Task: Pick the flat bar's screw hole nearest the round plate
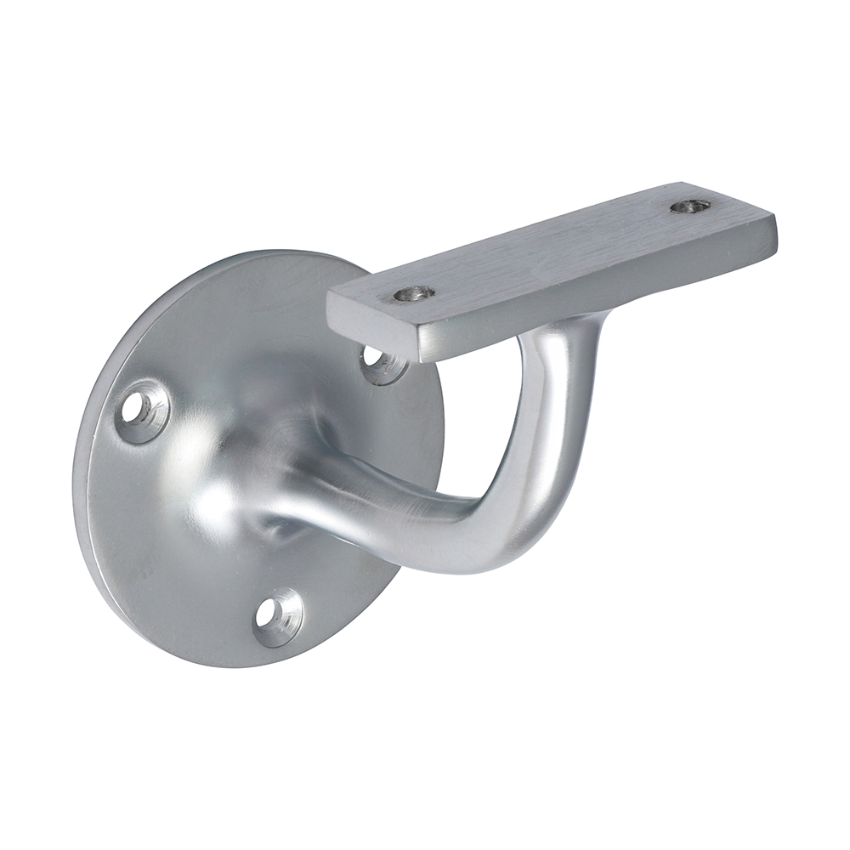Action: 414,294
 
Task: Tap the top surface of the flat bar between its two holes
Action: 552,246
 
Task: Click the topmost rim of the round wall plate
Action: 280,252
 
